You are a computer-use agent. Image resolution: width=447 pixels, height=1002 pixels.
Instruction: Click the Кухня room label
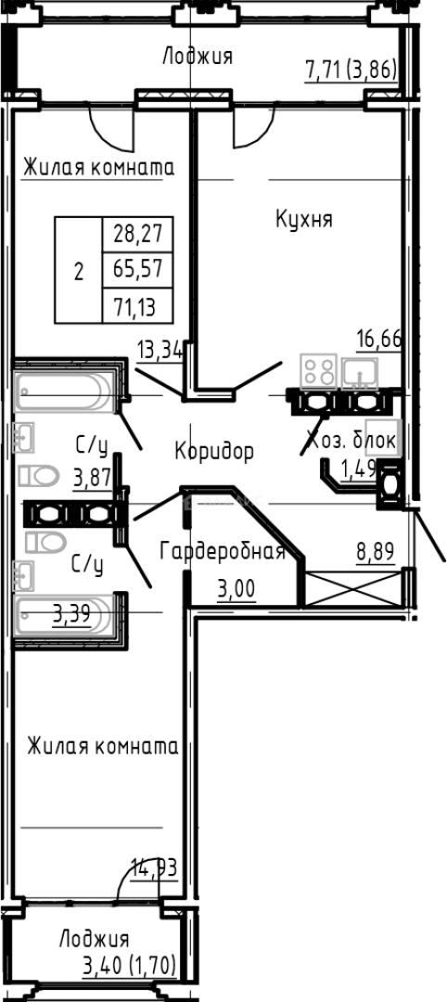[x=303, y=219]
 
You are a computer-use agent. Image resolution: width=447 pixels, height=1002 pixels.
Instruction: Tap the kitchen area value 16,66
[x=380, y=339]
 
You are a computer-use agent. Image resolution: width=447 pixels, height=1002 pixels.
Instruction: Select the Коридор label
[x=213, y=451]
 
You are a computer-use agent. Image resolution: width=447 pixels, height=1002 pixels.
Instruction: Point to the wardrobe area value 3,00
[x=236, y=588]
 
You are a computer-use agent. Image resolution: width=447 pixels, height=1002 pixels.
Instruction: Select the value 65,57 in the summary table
[x=131, y=269]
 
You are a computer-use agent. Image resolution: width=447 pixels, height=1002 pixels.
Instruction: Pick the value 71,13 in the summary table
[x=131, y=306]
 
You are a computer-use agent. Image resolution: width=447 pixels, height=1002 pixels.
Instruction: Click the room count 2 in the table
[x=78, y=271]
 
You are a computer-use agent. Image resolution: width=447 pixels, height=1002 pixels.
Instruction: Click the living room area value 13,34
[x=160, y=350]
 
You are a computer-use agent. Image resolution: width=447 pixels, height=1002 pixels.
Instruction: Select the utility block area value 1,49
[x=359, y=469]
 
